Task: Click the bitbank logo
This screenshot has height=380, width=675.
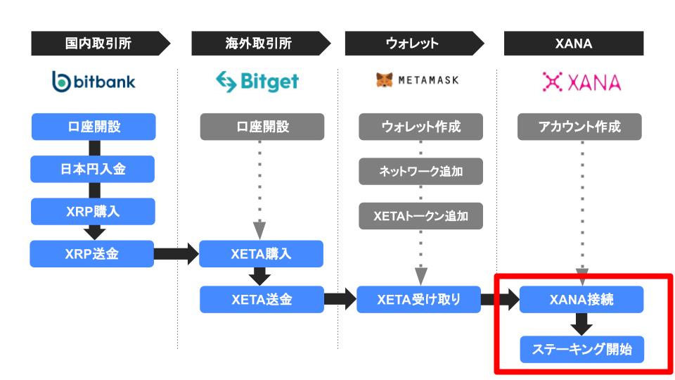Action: [x=94, y=82]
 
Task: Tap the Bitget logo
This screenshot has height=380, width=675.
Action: [x=257, y=82]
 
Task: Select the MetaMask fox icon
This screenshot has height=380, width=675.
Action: [x=385, y=80]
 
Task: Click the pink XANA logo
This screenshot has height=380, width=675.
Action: [x=581, y=82]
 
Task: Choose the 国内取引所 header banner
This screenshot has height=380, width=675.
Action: [x=101, y=43]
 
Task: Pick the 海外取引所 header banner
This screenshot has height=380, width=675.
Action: [x=261, y=43]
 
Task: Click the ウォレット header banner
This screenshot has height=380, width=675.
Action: [x=415, y=43]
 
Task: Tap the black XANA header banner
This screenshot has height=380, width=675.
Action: [x=574, y=43]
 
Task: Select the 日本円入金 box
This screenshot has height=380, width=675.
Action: [x=93, y=169]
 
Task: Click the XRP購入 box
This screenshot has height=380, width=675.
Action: [x=93, y=211]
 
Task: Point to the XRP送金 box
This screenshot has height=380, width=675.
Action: [x=91, y=254]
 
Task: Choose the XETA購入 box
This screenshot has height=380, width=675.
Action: [x=262, y=254]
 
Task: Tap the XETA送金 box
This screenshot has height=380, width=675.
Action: [x=262, y=300]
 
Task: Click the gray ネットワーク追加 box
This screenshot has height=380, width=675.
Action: [x=421, y=172]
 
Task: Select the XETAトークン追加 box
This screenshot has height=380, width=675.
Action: [x=421, y=216]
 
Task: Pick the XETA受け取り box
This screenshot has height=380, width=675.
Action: [x=419, y=300]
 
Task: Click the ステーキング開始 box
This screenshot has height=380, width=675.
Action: [x=582, y=349]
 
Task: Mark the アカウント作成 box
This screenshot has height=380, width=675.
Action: [x=579, y=127]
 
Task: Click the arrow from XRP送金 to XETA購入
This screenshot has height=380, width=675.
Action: [x=176, y=254]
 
